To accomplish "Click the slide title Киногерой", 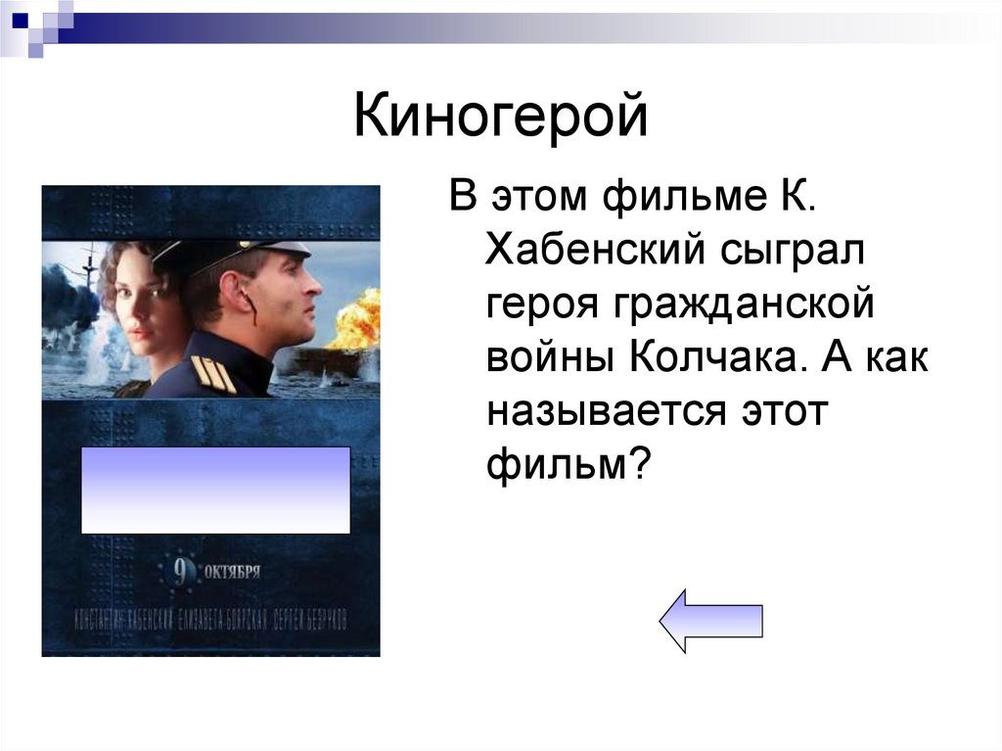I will click(500, 117).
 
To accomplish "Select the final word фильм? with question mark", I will click(569, 460).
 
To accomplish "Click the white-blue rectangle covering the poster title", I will click(215, 490).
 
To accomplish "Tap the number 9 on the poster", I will click(181, 571).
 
